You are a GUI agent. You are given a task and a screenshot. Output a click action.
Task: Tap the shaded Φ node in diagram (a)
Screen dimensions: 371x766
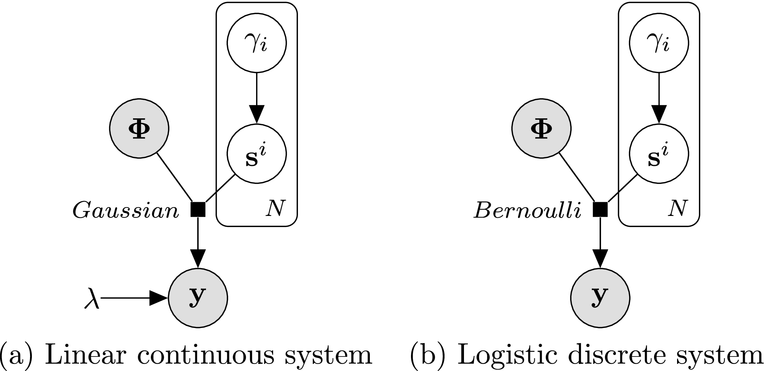(139, 128)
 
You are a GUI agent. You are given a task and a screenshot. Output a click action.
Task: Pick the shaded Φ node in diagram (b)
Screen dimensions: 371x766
(541, 128)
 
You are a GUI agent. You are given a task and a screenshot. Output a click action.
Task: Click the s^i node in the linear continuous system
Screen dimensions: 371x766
(256, 154)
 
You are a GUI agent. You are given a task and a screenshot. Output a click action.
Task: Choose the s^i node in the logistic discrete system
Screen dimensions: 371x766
(659, 154)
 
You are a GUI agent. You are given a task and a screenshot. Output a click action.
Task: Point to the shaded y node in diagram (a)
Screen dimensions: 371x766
(198, 298)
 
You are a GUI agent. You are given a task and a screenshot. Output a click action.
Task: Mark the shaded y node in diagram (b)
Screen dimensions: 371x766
(600, 298)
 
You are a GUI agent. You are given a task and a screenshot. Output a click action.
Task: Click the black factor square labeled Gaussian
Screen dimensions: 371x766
(198, 209)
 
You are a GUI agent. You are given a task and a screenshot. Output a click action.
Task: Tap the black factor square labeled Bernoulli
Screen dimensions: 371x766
(600, 209)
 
